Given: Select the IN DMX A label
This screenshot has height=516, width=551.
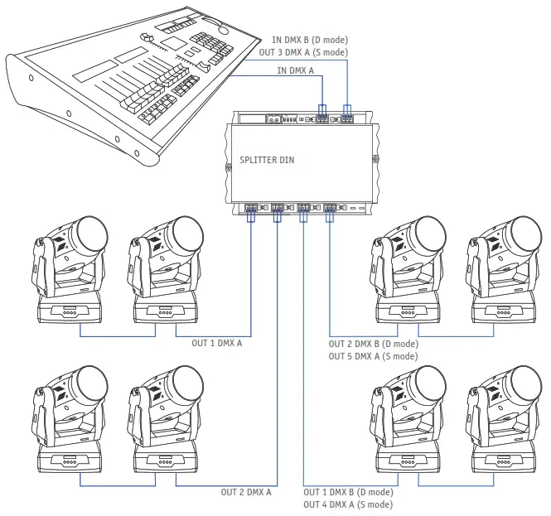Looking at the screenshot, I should pos(296,72).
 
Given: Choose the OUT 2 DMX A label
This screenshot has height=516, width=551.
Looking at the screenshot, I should pos(246,492).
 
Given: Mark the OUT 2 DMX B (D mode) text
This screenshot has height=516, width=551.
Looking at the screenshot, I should pos(373,344).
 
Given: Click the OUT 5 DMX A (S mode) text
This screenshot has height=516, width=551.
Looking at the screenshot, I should pos(373,356).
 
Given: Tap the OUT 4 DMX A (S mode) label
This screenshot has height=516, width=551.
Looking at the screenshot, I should pos(347,504).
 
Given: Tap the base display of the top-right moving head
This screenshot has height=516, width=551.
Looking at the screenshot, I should pos(502,312).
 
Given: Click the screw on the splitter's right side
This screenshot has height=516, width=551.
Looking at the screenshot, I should pos(375,159).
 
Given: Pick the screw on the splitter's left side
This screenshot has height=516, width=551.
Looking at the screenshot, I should pos(229,165).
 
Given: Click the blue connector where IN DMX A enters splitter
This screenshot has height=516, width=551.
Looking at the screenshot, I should pos(323,109).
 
